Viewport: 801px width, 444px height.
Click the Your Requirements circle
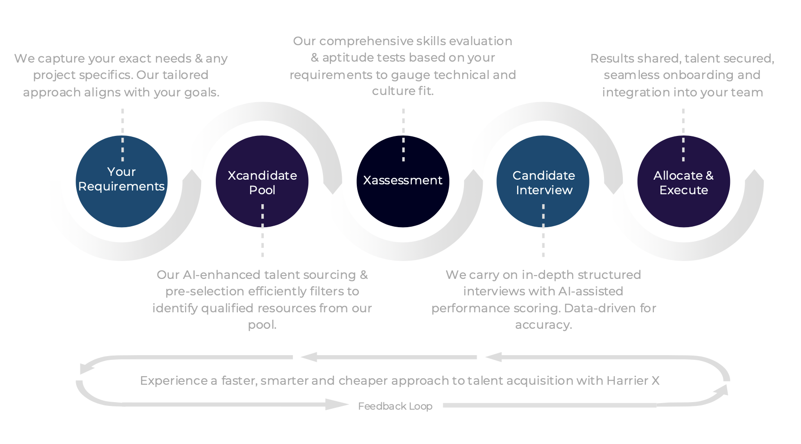(122, 182)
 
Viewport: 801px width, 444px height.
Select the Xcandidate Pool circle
(262, 182)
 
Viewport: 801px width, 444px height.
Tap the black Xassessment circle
(403, 182)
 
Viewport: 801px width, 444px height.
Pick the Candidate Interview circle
(543, 182)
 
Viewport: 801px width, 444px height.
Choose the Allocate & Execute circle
(683, 182)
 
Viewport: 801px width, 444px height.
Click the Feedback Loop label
(395, 406)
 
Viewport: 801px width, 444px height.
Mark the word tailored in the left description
(185, 75)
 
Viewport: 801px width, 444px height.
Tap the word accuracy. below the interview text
(543, 325)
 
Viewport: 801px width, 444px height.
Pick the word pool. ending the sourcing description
(262, 325)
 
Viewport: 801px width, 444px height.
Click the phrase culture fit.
(403, 91)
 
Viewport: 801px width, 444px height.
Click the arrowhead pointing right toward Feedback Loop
(337, 404)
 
